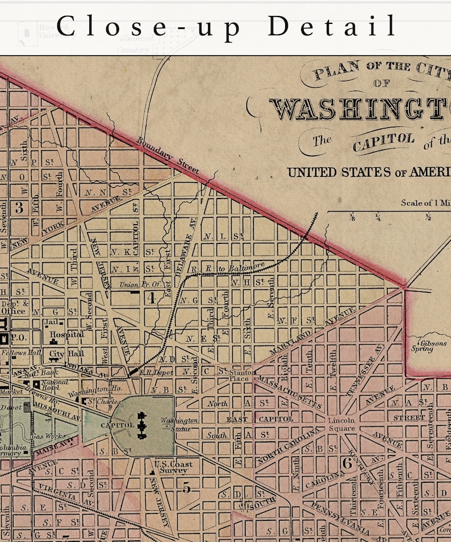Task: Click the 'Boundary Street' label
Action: point(168,155)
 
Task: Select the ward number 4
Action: point(151,297)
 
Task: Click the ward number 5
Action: point(186,486)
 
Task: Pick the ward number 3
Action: point(19,208)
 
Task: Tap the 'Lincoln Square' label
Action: point(341,424)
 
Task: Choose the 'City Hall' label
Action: point(64,354)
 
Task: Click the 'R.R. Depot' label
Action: point(154,372)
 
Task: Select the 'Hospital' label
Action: point(67,335)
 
